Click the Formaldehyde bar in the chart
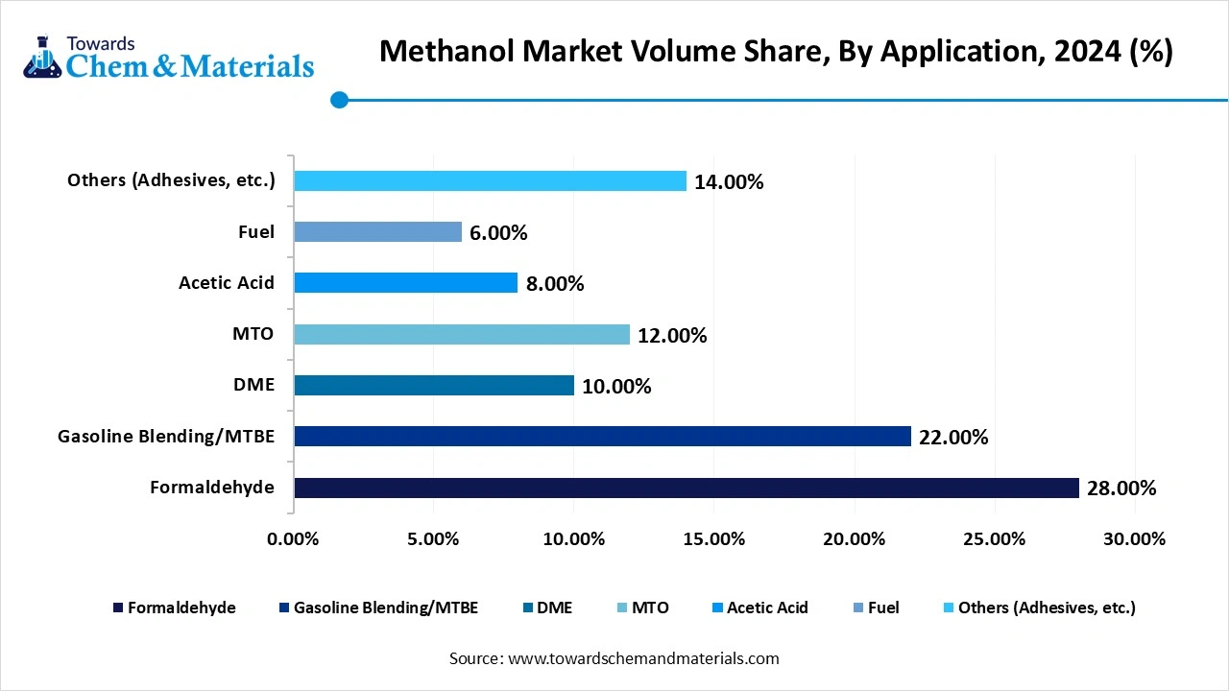[687, 488]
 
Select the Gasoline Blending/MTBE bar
[602, 437]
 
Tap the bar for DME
[434, 386]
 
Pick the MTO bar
[462, 334]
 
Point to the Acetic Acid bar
[405, 282]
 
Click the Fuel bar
[377, 232]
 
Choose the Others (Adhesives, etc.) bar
[490, 181]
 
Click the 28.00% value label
[1121, 488]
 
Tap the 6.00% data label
[498, 233]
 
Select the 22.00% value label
[953, 438]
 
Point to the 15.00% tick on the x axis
[713, 539]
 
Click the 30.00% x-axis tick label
[1134, 539]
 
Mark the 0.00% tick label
[293, 539]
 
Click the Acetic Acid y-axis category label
[227, 282]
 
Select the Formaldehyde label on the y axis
[212, 488]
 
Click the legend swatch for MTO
[623, 608]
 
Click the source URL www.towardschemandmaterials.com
[641, 658]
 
